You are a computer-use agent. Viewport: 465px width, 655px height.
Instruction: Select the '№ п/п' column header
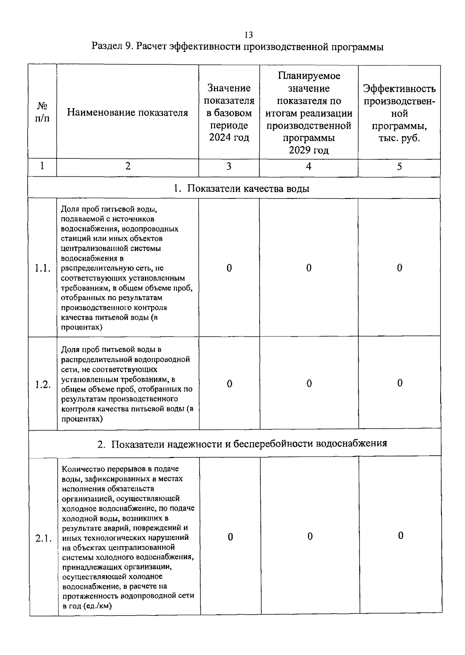pos(42,112)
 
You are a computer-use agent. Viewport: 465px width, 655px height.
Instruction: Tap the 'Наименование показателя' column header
pos(127,113)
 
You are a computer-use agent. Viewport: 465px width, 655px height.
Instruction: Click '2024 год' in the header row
pos(229,138)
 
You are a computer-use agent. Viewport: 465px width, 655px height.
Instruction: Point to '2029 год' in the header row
pos(308,150)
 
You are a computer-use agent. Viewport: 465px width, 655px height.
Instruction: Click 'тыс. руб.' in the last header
pos(399,138)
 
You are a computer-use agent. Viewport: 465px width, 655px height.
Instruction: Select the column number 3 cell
pos(229,166)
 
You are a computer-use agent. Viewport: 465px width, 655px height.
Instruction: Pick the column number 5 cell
pos(399,166)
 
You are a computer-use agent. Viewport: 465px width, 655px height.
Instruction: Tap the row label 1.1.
pos(42,268)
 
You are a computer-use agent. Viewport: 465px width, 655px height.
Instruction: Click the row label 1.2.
pos(43,385)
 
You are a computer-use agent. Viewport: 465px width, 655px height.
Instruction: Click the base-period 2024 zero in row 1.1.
pos(229,268)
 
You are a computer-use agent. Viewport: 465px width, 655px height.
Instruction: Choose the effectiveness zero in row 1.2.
pos(400,383)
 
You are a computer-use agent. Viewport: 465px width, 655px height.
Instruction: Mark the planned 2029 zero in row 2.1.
pos(310,536)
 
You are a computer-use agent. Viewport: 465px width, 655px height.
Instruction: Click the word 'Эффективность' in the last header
pos(399,89)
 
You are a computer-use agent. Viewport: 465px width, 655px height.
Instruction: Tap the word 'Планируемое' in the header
pos(308,76)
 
